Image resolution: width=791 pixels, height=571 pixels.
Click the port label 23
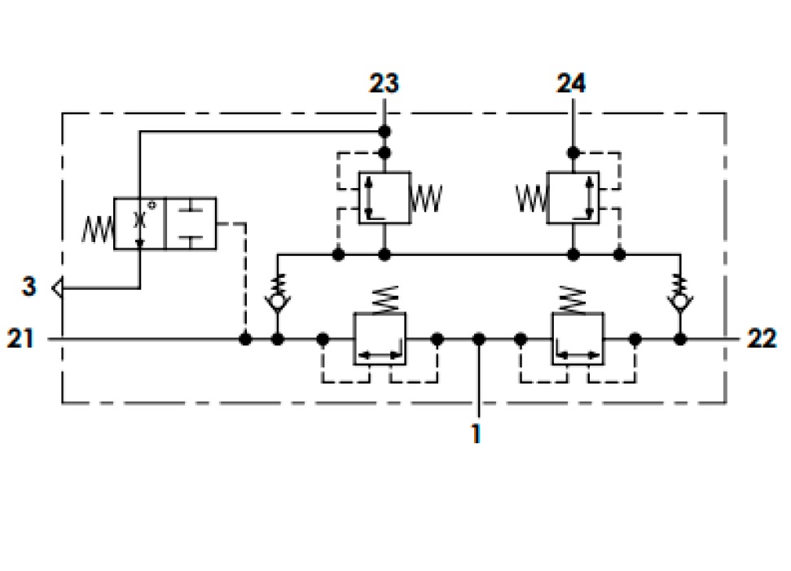tap(384, 83)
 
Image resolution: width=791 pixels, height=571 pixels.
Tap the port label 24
tap(571, 83)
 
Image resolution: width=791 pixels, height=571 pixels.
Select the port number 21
tap(20, 338)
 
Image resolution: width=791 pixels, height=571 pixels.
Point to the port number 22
tap(762, 338)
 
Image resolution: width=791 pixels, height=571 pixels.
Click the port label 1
tap(476, 434)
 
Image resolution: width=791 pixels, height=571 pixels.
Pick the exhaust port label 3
tap(29, 287)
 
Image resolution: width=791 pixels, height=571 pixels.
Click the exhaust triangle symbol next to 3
tap(58, 288)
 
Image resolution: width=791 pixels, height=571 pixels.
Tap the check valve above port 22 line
tap(680, 295)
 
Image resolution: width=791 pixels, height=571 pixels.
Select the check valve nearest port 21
tap(278, 295)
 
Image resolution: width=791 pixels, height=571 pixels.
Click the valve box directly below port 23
tap(385, 198)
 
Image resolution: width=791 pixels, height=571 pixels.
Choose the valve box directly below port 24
tap(573, 198)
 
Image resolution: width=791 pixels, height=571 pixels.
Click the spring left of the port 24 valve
tap(531, 198)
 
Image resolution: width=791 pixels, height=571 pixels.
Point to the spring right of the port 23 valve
tap(426, 198)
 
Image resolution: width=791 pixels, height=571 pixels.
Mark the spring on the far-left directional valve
tap(98, 230)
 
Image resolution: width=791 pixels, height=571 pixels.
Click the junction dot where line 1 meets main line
tap(479, 340)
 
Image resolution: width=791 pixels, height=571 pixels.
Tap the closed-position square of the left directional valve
tap(191, 223)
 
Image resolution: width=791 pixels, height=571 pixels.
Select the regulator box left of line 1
tap(380, 339)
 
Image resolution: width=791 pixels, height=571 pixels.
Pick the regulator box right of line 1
tap(578, 339)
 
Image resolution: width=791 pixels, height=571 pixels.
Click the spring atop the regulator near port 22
tap(573, 300)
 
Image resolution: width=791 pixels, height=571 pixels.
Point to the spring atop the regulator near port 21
tap(385, 300)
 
